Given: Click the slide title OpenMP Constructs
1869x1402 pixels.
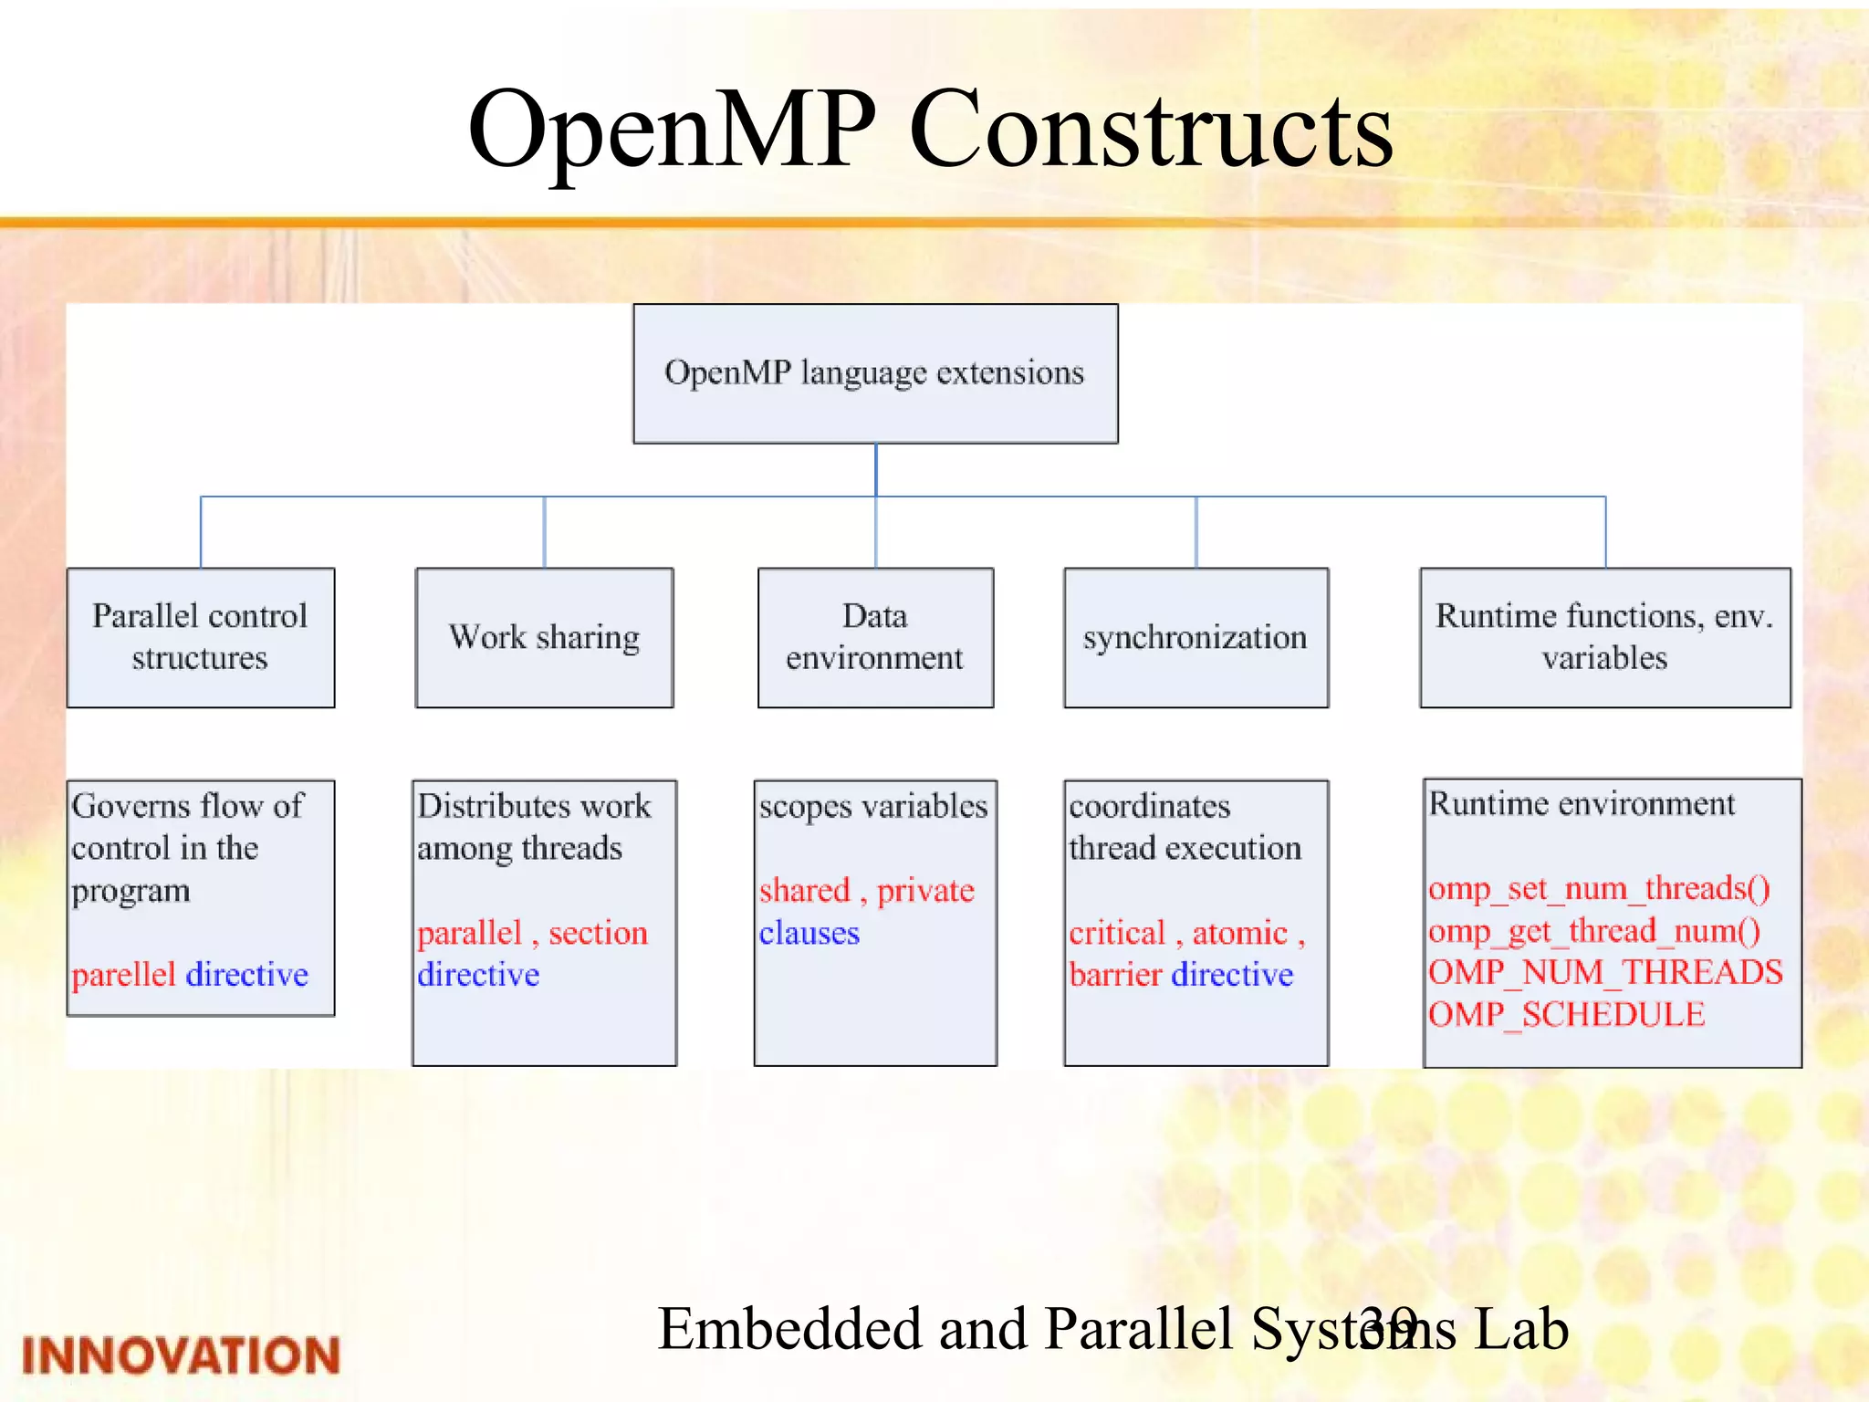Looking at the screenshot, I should point(930,130).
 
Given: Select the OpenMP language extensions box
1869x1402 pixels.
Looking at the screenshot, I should point(875,373).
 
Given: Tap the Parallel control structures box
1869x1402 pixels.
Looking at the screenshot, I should point(201,637).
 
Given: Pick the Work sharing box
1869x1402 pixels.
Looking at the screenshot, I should point(545,637).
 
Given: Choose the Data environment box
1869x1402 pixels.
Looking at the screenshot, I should point(875,637).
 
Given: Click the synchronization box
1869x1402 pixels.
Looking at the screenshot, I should point(1196,637).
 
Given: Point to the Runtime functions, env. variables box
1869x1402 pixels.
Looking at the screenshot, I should point(1605,637).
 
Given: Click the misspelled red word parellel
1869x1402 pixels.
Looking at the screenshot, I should point(123,975).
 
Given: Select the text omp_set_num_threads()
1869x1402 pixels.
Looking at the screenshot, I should point(1599,888).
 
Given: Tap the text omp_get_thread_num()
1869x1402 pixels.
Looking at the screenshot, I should point(1594,931).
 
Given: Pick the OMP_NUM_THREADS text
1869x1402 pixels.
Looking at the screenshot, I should point(1605,973).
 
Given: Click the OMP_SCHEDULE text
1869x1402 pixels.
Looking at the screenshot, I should point(1566,1015).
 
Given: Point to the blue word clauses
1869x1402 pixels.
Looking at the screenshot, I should point(809,933).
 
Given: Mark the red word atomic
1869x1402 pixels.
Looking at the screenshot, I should point(1239,933).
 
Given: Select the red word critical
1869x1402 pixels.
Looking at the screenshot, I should point(1117,933).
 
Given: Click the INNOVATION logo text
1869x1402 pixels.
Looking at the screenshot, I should point(181,1355).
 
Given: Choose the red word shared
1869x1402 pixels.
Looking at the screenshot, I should point(804,890).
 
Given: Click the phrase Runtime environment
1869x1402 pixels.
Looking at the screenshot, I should point(1582,804).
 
